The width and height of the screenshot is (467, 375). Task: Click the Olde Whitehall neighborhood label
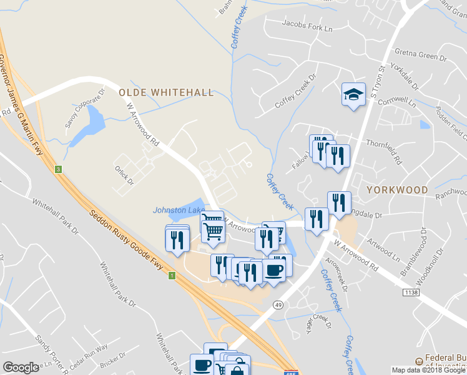[x=166, y=92]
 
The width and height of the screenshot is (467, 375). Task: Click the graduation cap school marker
[x=353, y=95]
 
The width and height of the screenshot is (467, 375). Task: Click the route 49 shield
[x=277, y=304]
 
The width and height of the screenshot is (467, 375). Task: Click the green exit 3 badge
[x=58, y=169]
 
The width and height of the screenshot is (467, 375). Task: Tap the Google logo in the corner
[x=21, y=367]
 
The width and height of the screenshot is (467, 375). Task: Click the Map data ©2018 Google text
[x=429, y=370]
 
